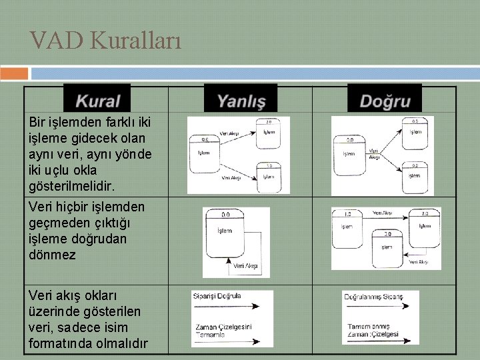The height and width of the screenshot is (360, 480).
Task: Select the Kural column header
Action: [97, 101]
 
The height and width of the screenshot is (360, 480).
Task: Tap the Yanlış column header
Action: [241, 101]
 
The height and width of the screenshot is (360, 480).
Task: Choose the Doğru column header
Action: [385, 101]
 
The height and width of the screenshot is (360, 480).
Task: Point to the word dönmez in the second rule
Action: [52, 254]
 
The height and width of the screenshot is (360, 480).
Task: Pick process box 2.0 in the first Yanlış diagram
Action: [268, 132]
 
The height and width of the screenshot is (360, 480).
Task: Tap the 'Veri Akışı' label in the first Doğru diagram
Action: [375, 154]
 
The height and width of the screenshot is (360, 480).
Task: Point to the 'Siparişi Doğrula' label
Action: [217, 295]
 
